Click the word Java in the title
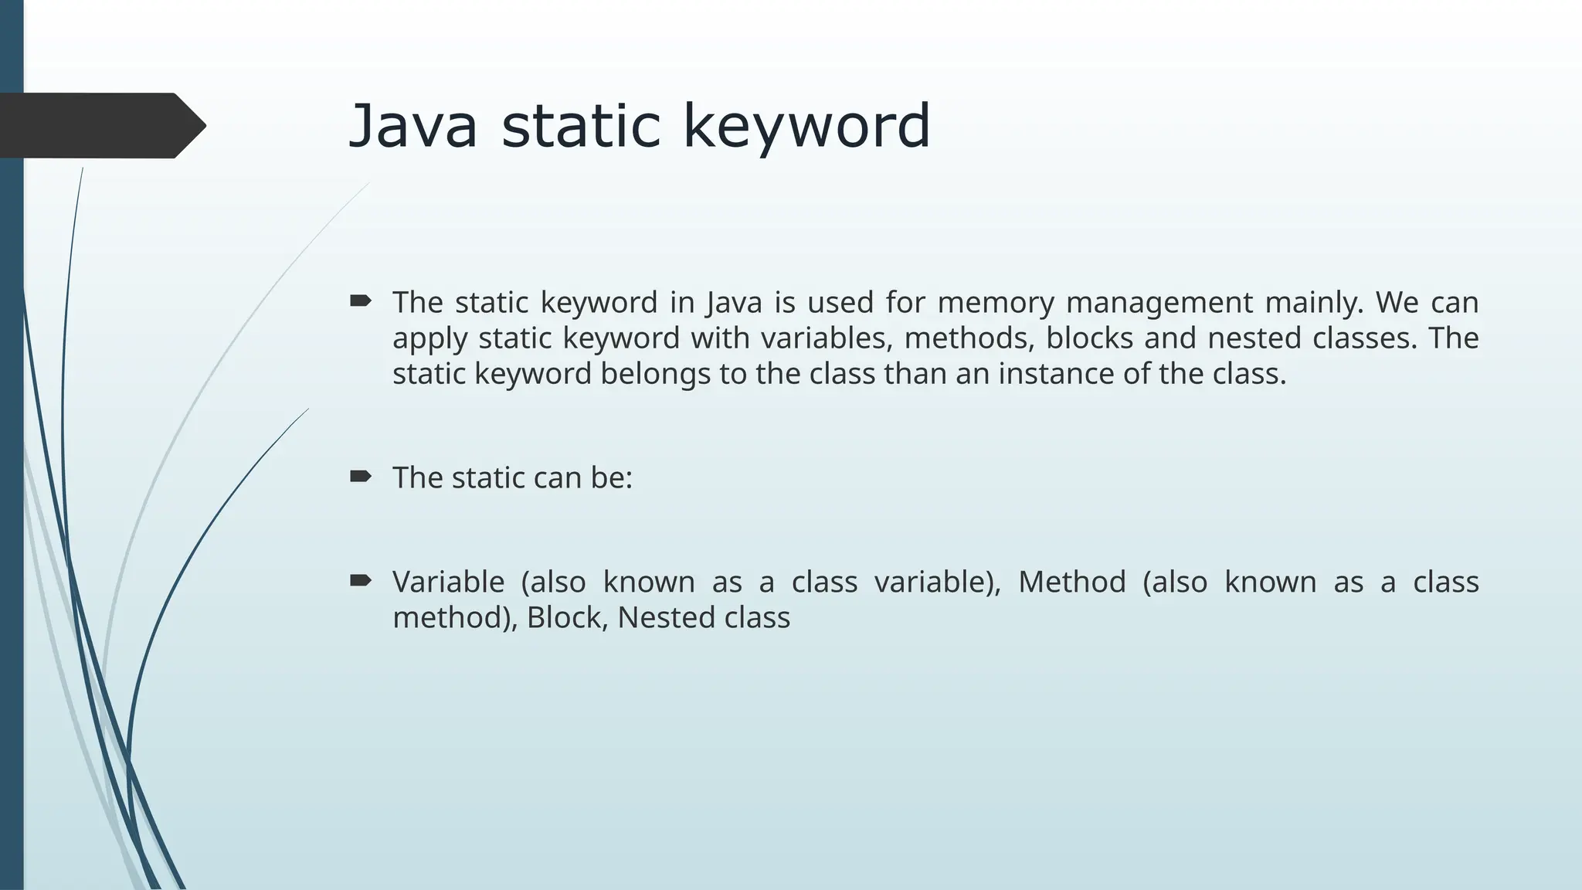pos(413,126)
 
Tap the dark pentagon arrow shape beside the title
pos(100,125)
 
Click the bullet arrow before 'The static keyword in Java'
pos(361,301)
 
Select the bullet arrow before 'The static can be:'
pos(361,476)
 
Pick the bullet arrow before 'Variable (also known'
pos(361,580)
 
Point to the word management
pos(1159,302)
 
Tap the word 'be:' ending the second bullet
pos(612,478)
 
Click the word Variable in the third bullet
pos(448,582)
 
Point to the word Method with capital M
pos(1071,582)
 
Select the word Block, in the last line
pos(565,618)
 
